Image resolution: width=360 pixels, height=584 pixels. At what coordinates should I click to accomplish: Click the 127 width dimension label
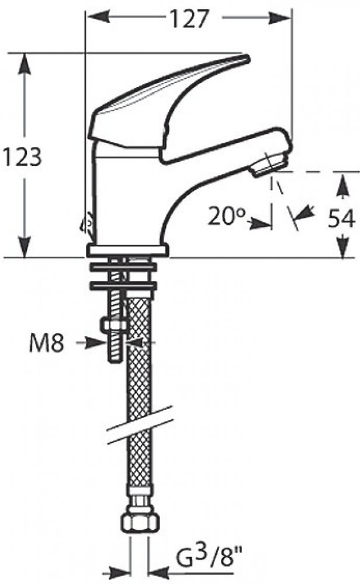coord(188,19)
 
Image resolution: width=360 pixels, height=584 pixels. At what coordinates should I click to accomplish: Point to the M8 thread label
coord(47,343)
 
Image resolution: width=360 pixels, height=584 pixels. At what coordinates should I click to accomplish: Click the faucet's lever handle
coord(168,105)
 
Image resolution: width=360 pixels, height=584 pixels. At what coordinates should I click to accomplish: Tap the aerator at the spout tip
coord(269,164)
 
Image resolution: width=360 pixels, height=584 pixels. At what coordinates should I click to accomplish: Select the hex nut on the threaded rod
coord(113,326)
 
